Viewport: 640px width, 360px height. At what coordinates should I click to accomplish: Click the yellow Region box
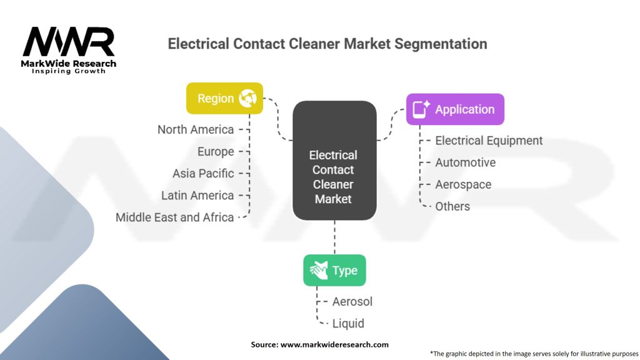tap(224, 98)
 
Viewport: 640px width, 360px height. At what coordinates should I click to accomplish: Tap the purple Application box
tap(455, 109)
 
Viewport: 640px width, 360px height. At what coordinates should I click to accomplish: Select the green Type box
tap(335, 270)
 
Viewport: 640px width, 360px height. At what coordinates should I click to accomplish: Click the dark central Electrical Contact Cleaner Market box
tap(335, 161)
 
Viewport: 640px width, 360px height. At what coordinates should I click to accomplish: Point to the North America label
tap(196, 130)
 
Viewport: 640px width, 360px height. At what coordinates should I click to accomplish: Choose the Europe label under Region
tap(216, 152)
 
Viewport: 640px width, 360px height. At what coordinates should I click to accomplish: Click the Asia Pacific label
tap(203, 174)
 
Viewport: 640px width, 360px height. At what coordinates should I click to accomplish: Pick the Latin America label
tap(197, 196)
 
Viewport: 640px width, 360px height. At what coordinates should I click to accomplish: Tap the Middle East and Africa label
tap(175, 217)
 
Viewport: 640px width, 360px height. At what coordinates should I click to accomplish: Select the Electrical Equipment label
tap(489, 141)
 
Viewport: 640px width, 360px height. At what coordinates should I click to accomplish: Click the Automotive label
tap(465, 162)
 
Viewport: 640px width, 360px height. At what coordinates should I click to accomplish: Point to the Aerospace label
tap(463, 184)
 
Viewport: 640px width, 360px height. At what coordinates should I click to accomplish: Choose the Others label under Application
tap(452, 206)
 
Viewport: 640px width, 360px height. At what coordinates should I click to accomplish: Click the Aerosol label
tap(352, 302)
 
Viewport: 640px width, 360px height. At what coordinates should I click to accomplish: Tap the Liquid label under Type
tap(348, 324)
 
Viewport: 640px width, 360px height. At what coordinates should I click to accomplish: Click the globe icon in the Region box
tap(247, 98)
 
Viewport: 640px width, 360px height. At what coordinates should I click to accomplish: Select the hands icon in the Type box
tap(319, 270)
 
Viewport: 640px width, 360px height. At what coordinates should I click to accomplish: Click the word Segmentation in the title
tap(441, 44)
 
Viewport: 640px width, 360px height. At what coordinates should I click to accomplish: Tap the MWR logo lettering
tap(69, 42)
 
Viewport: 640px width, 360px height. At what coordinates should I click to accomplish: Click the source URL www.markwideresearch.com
tap(334, 345)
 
